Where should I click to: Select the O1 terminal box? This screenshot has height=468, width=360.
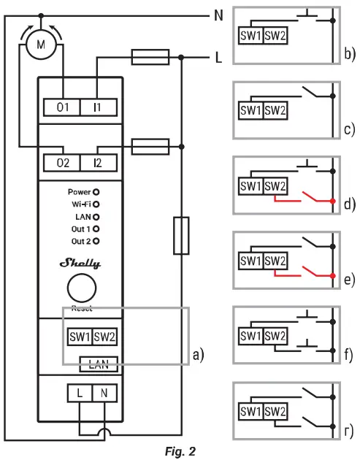click(x=62, y=107)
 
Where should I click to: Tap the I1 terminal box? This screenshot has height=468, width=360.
click(x=97, y=107)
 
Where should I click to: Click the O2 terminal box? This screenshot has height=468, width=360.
click(x=62, y=162)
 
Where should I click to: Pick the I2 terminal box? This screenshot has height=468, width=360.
click(x=97, y=162)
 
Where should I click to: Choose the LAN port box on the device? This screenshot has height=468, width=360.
click(x=98, y=362)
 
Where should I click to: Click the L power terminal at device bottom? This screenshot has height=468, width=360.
click(x=80, y=394)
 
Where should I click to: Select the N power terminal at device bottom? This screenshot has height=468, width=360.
click(x=104, y=394)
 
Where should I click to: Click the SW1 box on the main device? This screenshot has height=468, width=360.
click(x=80, y=337)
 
